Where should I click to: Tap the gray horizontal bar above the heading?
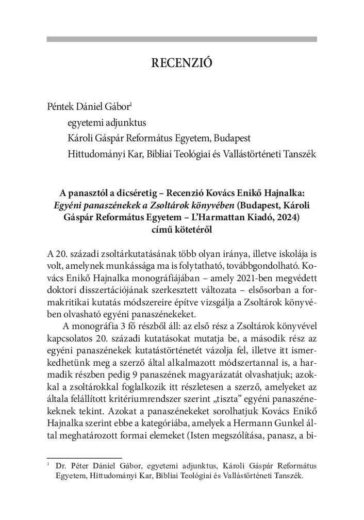[181, 39]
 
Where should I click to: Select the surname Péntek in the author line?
[60, 107]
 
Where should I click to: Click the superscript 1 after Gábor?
[131, 104]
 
